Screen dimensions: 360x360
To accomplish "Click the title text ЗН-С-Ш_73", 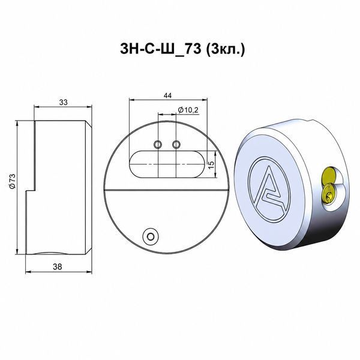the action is [x=160, y=49].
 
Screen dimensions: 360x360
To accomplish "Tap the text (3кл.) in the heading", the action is [x=225, y=50].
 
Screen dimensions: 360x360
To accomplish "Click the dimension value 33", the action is [x=63, y=103].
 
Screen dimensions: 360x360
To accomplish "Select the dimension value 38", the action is [x=58, y=267].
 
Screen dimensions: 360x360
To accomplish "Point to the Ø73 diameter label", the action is [x=12, y=181].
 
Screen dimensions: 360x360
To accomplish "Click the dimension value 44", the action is [x=167, y=95].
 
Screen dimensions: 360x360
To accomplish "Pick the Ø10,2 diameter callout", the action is [x=188, y=110].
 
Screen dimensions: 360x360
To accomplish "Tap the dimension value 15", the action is [x=211, y=164].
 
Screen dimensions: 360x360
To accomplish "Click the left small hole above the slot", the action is [x=158, y=145].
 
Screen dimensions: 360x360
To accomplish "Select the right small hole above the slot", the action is [x=176, y=145].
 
